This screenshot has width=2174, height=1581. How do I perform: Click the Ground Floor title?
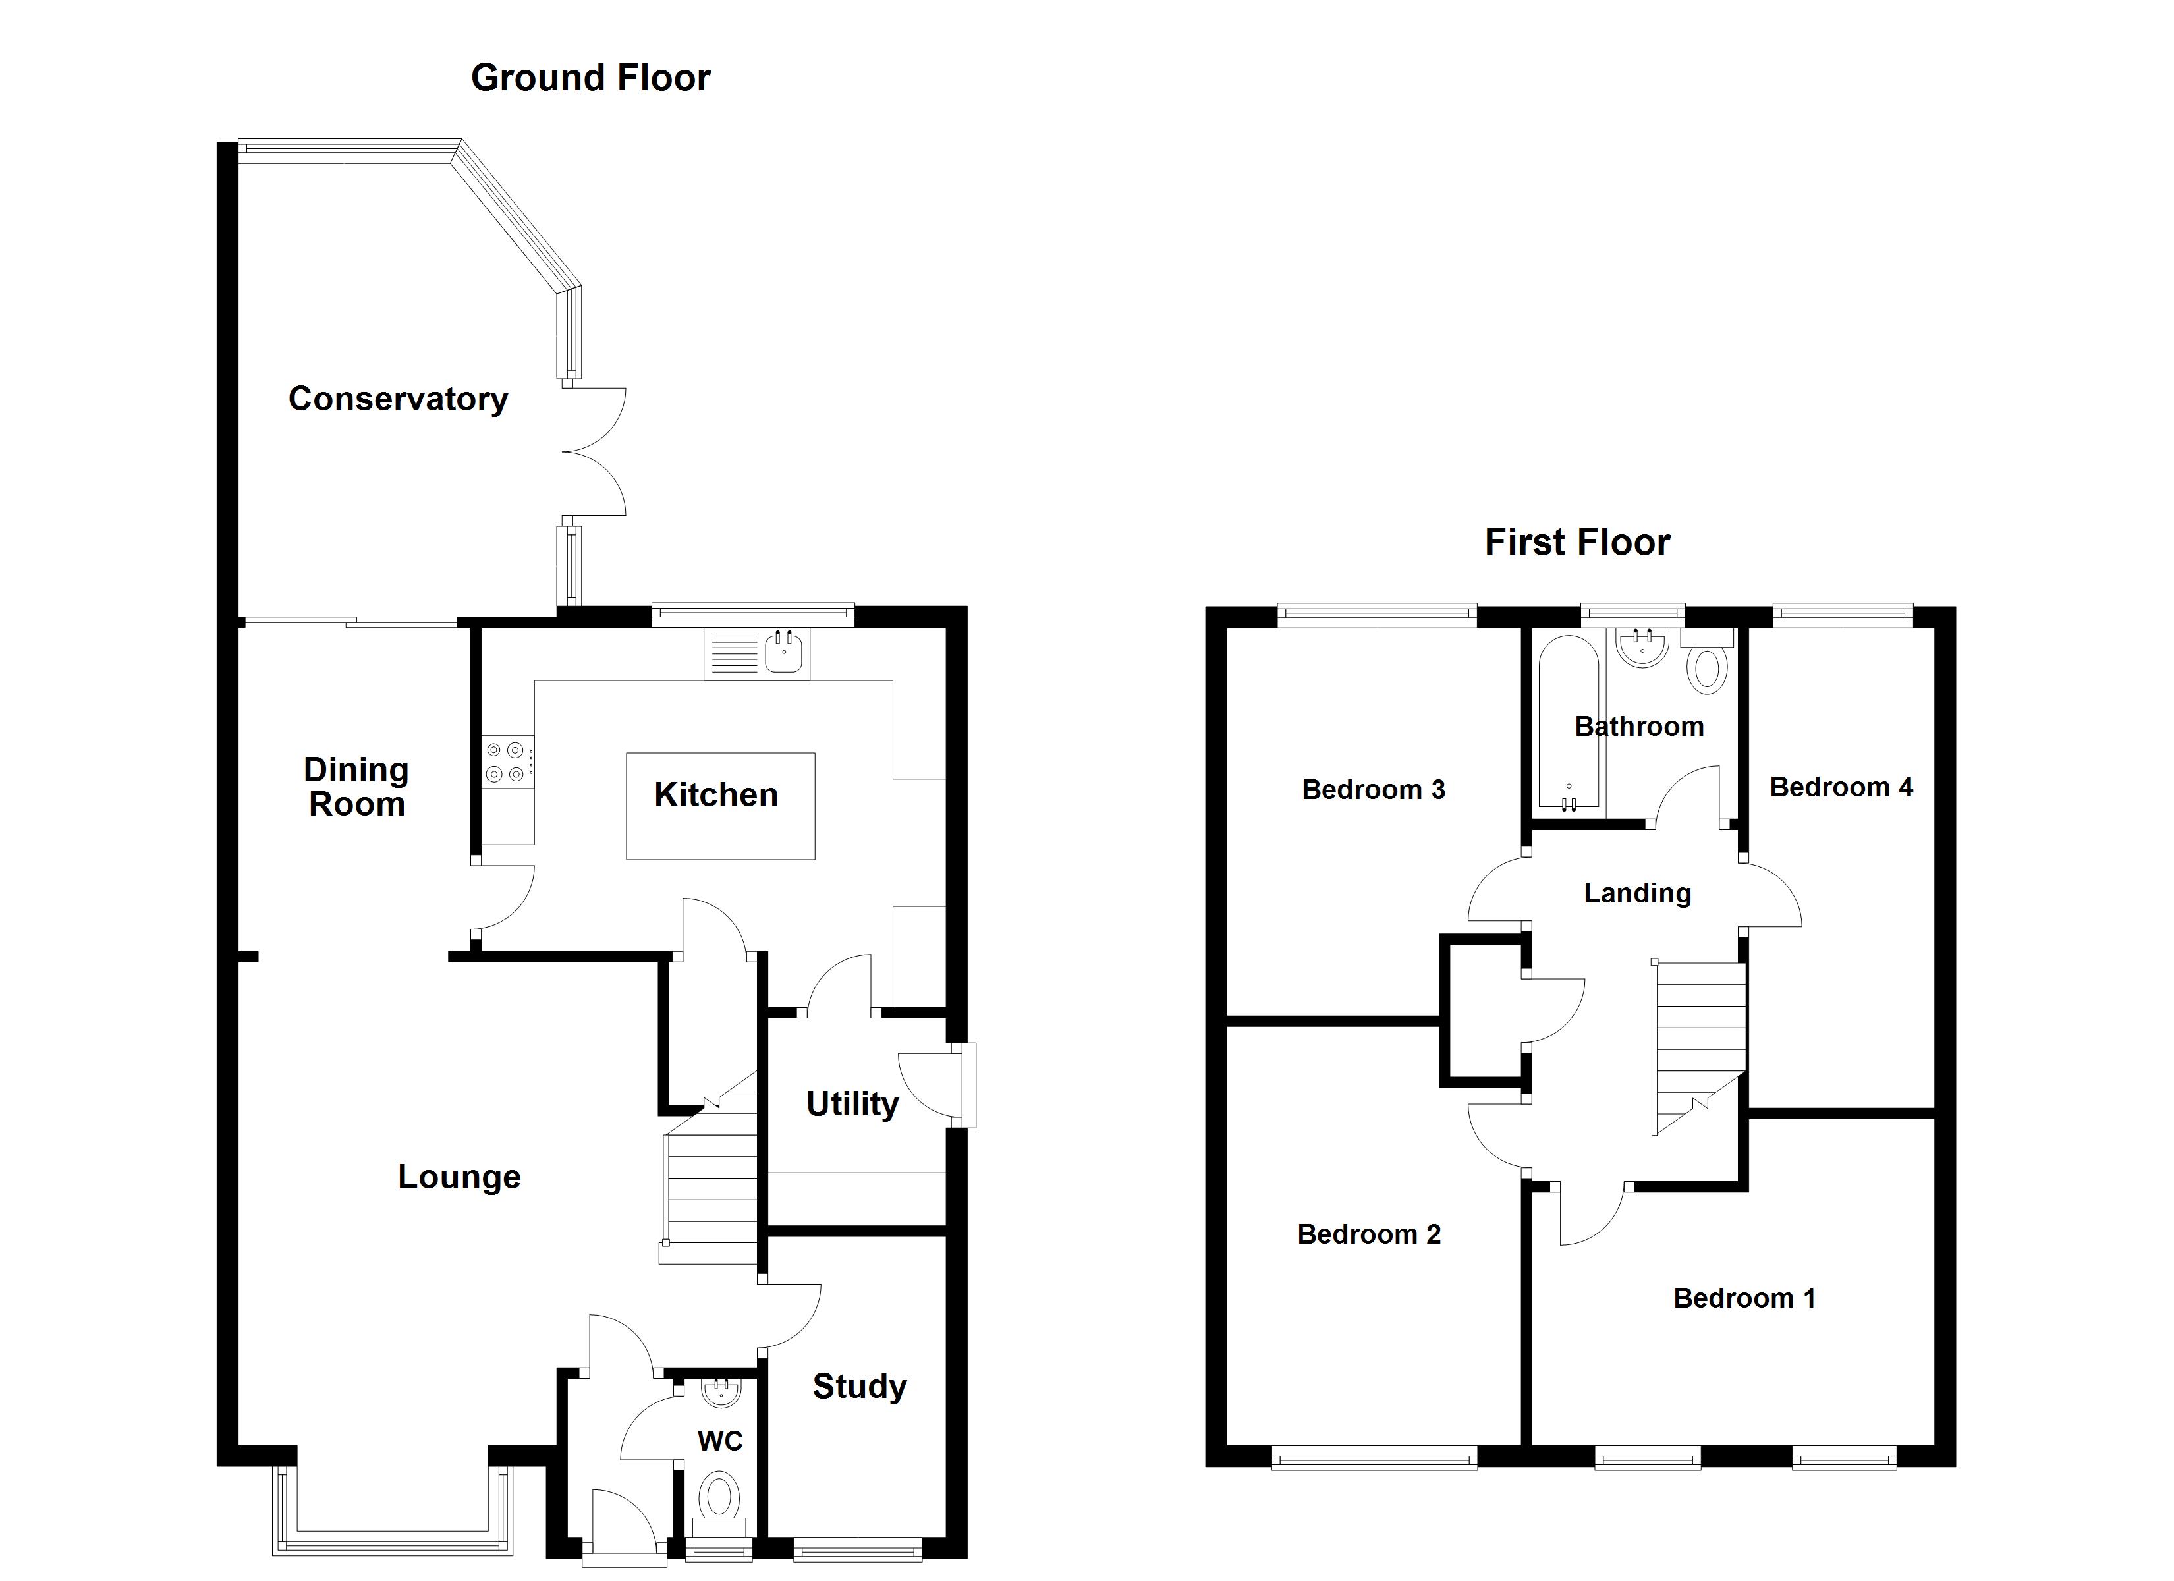590,78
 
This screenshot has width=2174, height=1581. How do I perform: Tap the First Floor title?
1577,543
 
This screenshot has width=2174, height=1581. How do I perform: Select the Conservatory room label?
398,399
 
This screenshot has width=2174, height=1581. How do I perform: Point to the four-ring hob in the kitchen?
506,762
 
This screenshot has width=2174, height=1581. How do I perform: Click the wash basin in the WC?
720,1392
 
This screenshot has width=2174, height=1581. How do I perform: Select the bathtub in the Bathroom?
1567,721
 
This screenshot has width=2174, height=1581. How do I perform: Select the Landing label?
1637,893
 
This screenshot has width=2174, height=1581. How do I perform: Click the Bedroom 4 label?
1841,787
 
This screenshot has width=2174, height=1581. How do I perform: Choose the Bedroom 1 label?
1744,1298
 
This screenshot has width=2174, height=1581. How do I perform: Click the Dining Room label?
356,786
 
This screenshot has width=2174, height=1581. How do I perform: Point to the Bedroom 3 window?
1378,615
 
